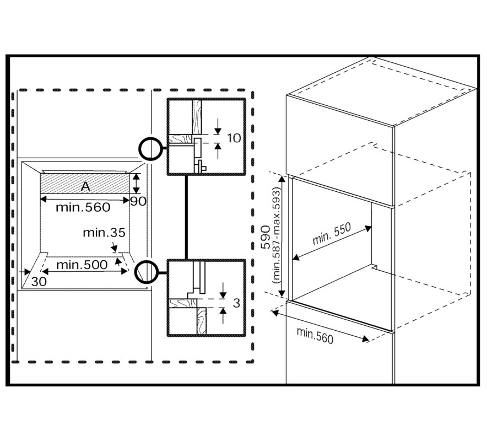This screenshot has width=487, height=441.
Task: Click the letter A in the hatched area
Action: pos(85,186)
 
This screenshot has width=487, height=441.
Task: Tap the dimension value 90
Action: pos(138,201)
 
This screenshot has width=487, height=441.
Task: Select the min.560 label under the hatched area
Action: pos(83,207)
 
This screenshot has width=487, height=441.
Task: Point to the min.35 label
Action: pos(104,233)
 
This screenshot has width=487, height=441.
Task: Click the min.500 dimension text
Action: pos(82,265)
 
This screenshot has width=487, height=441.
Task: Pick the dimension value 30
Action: pos(39,282)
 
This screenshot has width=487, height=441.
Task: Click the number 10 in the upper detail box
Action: pos(234,138)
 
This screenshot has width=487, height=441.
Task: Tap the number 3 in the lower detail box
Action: pos(237,303)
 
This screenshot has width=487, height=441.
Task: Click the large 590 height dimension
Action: pos(266,237)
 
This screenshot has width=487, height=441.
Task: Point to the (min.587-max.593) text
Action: pos(276,236)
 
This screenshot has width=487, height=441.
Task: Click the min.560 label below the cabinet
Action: pos(315,336)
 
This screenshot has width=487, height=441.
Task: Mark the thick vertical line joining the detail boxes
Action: pos(186,217)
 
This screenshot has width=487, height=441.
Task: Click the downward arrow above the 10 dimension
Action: pos(218,126)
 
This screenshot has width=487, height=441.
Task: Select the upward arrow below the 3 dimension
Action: pos(223,315)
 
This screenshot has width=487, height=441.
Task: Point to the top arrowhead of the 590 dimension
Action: pos(282,178)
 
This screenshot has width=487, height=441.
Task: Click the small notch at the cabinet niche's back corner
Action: pos(375,267)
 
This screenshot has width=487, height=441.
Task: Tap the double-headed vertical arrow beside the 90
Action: pos(136,184)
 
